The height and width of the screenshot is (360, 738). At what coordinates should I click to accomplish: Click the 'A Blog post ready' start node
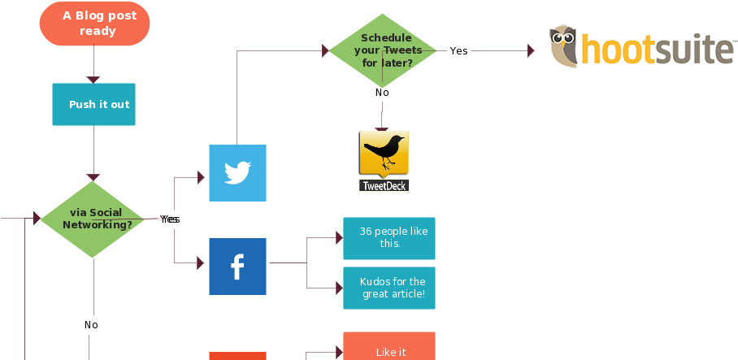[94, 24]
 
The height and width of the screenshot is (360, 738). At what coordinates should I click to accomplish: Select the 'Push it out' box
[93, 104]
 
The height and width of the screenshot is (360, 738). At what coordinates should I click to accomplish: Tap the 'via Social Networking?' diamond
[93, 219]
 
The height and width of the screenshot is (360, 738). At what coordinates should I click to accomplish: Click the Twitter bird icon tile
[237, 173]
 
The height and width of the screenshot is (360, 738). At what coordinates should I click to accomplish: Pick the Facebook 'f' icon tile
[237, 267]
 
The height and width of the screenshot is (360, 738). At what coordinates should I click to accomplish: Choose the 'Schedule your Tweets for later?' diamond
[382, 50]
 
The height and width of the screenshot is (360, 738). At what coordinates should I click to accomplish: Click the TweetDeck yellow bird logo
[384, 152]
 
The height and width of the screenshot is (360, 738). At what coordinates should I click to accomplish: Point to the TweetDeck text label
[384, 186]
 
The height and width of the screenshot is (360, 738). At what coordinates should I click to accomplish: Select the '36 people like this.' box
[389, 238]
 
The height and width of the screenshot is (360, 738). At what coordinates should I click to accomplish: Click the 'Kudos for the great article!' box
[389, 288]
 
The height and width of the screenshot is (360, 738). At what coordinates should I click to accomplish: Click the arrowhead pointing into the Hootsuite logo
[531, 51]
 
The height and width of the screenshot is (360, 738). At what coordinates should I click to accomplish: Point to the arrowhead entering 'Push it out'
[93, 80]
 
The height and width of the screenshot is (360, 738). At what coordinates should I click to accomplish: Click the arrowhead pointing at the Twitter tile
[202, 178]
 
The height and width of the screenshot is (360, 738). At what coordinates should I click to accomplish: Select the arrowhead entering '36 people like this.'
[339, 238]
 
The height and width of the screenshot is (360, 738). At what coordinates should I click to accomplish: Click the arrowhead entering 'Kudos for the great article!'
[339, 288]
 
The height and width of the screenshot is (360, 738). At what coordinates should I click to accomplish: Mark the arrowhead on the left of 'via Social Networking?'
[37, 218]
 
